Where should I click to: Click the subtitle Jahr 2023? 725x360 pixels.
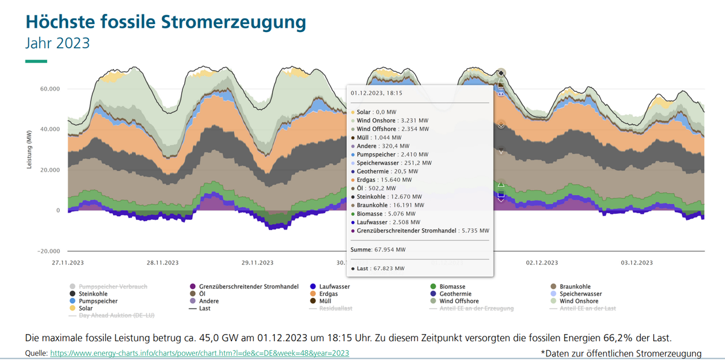pos(57,43)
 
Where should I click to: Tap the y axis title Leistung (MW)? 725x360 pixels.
pos(29,149)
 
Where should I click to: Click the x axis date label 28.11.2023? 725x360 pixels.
pos(163,263)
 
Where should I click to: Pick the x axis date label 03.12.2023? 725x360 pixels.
pos(637,263)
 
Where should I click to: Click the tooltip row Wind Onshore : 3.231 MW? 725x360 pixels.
pos(393,120)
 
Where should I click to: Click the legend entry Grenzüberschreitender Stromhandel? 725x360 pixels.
pos(248,286)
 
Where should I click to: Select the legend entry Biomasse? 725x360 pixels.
pos(453,286)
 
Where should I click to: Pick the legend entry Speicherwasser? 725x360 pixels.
pos(581,294)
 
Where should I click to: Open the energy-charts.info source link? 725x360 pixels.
pos(199,353)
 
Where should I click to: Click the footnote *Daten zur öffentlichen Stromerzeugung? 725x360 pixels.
pos(620,353)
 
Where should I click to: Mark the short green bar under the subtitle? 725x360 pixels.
pos(36,61)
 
